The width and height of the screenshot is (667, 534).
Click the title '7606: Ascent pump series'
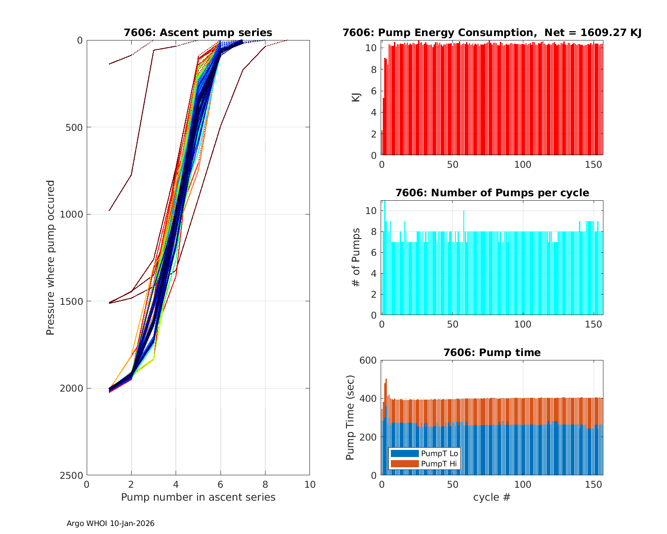coord(198,32)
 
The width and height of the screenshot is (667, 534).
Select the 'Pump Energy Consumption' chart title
coord(492,32)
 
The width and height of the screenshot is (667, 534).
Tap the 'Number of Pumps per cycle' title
coord(492,193)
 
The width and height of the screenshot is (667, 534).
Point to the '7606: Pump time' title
coord(492,352)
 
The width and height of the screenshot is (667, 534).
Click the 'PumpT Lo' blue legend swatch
coord(404,453)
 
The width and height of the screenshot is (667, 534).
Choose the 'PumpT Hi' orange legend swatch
coord(404,464)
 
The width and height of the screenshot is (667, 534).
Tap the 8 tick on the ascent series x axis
coord(265,484)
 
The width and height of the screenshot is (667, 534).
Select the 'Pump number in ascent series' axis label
coord(198,497)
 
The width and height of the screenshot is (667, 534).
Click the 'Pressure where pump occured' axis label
coord(50,257)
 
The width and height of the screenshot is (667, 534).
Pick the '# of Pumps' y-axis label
coord(356,257)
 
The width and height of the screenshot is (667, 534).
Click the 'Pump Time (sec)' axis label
coord(350,417)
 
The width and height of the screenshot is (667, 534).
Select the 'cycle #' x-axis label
coord(492,497)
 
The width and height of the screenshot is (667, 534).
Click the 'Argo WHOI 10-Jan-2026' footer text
coord(110,523)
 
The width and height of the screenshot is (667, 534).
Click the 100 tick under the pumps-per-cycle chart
coord(523,324)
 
